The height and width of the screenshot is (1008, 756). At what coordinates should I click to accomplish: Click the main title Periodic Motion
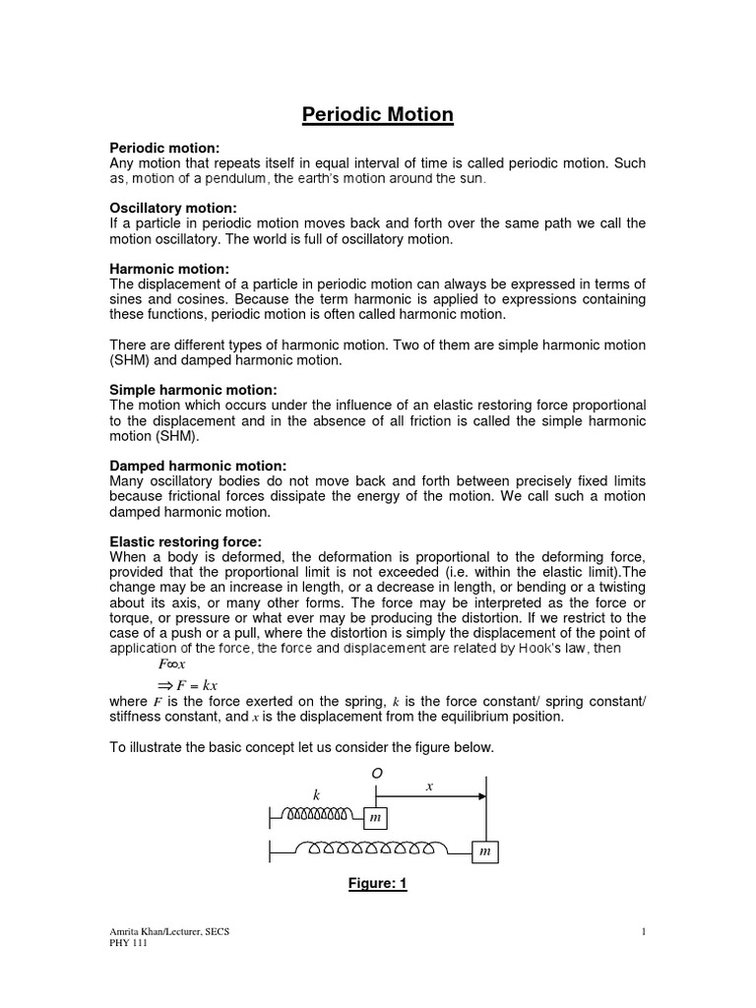pos(377,115)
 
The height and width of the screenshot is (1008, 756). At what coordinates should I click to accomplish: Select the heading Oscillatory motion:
pos(172,208)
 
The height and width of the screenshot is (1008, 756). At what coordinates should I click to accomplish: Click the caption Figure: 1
pos(377,884)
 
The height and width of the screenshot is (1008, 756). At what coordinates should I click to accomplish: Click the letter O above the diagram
pos(376,774)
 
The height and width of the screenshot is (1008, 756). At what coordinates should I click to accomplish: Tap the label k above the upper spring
pos(317,793)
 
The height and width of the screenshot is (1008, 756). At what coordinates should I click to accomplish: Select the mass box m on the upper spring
pos(375,818)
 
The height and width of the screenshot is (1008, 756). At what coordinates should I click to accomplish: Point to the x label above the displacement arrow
pos(428,787)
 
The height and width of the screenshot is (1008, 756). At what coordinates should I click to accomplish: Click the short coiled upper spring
pos(317,814)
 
